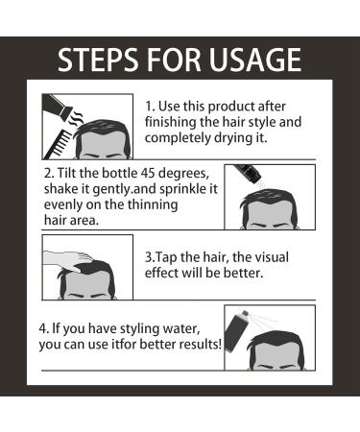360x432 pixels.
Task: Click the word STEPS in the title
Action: pos(99,60)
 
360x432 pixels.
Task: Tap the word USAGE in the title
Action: pos(255,60)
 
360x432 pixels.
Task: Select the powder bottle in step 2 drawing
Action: pos(248,174)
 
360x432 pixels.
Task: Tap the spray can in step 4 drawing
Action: pos(237,332)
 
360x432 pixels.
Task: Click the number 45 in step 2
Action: pos(149,173)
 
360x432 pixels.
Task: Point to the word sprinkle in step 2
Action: pos(182,189)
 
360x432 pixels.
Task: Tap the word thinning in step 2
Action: pos(153,205)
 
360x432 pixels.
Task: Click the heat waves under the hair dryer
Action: pos(78,119)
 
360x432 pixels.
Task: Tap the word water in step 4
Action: pos(182,329)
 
